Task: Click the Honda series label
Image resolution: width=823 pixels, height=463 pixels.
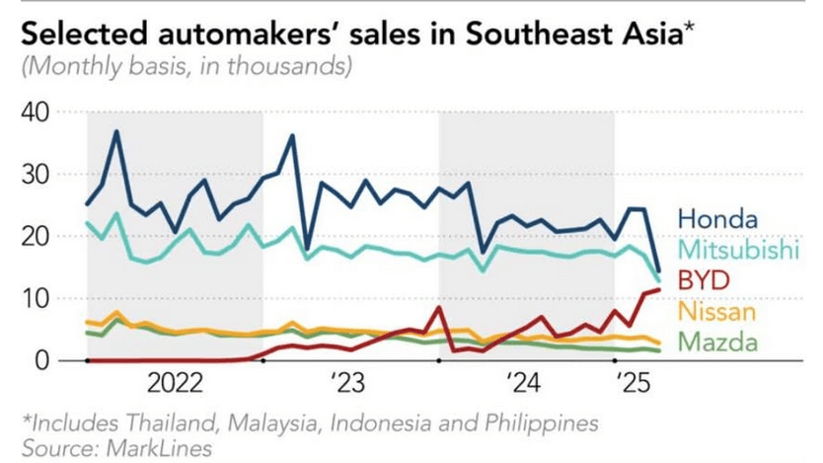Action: pyautogui.click(x=717, y=219)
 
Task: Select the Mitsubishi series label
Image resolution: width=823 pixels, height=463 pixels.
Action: pyautogui.click(x=737, y=251)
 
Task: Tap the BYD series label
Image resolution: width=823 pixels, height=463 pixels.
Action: pyautogui.click(x=705, y=281)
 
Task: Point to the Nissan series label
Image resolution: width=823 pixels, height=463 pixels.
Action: pyautogui.click(x=717, y=312)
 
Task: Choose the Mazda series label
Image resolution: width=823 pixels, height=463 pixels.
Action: pyautogui.click(x=716, y=343)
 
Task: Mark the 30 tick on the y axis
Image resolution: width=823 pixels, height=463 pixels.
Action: pyautogui.click(x=36, y=175)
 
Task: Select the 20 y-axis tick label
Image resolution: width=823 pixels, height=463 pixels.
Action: pyautogui.click(x=36, y=237)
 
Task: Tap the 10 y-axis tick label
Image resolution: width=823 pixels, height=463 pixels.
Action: pyautogui.click(x=36, y=299)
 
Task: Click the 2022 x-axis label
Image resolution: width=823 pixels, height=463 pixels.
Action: pyautogui.click(x=178, y=382)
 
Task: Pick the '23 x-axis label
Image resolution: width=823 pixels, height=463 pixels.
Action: pyautogui.click(x=347, y=382)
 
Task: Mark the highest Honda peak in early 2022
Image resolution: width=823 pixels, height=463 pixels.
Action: pyautogui.click(x=116, y=131)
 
